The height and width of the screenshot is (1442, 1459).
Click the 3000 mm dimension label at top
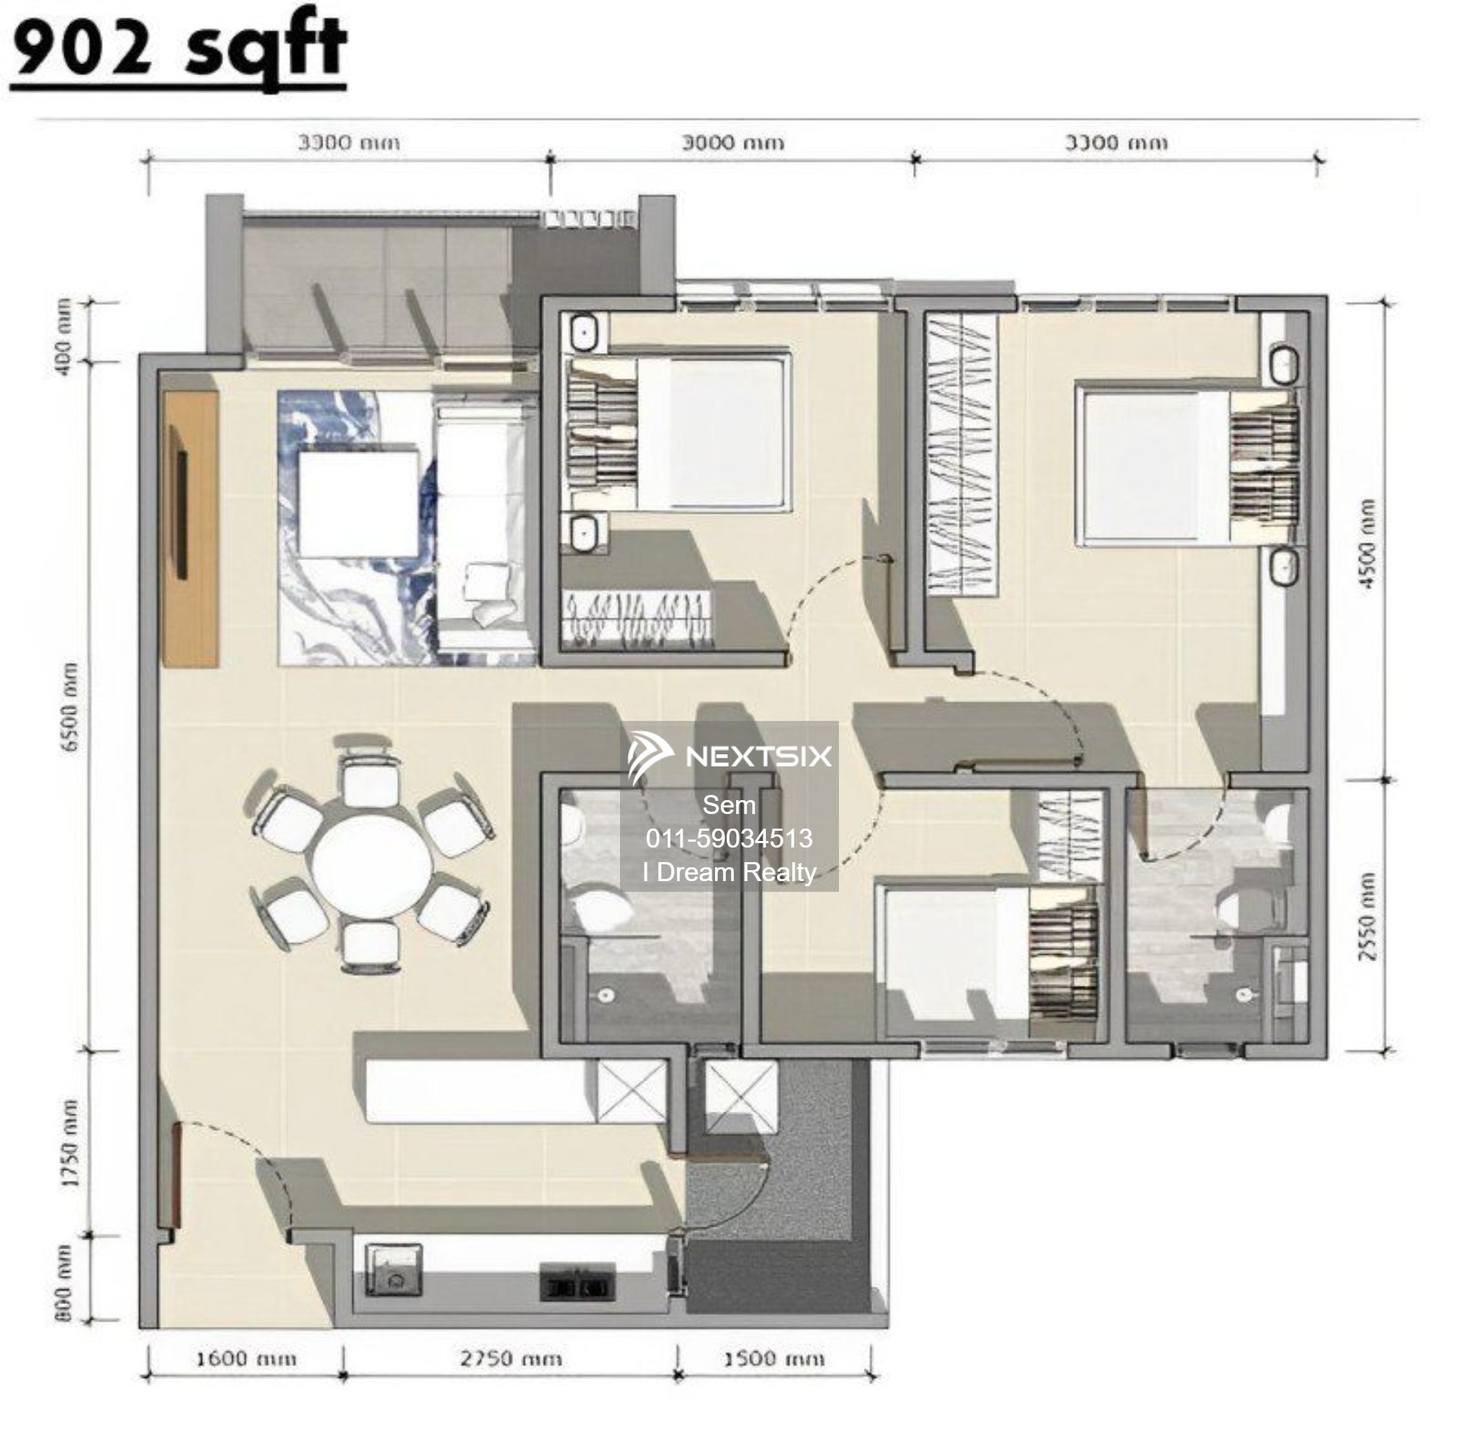click(732, 143)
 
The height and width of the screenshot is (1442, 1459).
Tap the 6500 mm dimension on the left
click(69, 708)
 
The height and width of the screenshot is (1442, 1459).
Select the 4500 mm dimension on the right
click(1366, 543)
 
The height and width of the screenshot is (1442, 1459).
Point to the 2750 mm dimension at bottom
click(511, 1359)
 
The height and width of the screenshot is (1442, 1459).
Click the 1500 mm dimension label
click(773, 1359)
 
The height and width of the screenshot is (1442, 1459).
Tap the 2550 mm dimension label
click(1366, 918)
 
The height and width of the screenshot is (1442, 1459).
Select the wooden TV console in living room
click(191, 529)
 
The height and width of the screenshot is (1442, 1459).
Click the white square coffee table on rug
click(358, 503)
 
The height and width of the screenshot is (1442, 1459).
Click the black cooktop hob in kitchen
click(577, 1285)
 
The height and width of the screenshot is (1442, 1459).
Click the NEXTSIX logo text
click(757, 756)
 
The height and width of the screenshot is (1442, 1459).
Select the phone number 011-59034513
click(729, 838)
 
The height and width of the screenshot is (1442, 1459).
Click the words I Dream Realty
click(729, 873)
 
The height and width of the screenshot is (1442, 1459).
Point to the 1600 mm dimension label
click(246, 1359)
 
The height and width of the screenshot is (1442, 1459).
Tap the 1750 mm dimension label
click(69, 1143)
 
